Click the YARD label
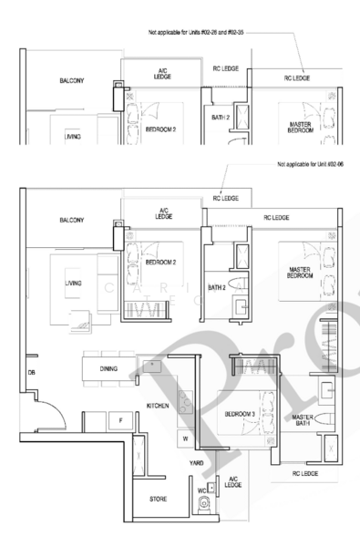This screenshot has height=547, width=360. [195, 462]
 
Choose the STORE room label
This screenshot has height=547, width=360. [159, 500]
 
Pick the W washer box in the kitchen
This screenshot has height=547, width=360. [186, 437]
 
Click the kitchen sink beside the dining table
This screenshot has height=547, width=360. [149, 366]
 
